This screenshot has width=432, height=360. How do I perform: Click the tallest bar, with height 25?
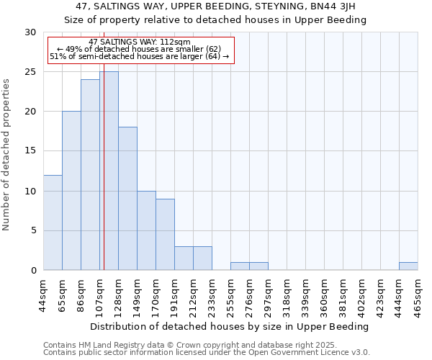pyautogui.click(x=109, y=171)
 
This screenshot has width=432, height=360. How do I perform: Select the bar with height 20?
pyautogui.click(x=71, y=191)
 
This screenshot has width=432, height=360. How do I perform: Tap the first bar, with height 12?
pyautogui.click(x=53, y=222)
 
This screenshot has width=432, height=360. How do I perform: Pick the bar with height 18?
pyautogui.click(x=127, y=199)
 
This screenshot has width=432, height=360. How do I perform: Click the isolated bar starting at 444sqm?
pyautogui.click(x=408, y=266)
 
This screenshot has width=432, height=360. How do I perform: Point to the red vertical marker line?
pyautogui.click(x=104, y=180)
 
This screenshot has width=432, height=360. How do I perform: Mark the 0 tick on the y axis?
pyautogui.click(x=33, y=271)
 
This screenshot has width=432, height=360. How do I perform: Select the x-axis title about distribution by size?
pyautogui.click(x=230, y=326)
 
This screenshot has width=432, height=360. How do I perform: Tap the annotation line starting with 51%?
pyautogui.click(x=140, y=56)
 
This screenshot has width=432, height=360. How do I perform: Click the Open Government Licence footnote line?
pyautogui.click(x=207, y=353)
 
